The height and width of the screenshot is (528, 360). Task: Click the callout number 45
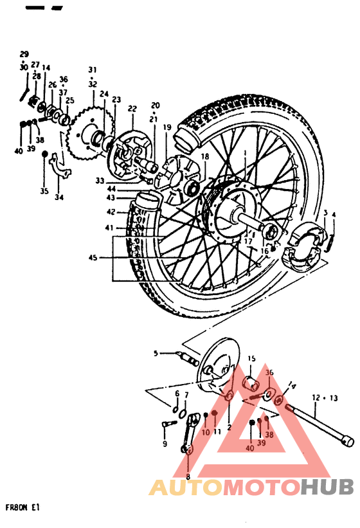(94, 258)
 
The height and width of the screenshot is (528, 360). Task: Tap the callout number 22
(132, 109)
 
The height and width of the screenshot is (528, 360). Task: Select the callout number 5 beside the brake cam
(155, 353)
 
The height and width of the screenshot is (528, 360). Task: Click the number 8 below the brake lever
(188, 477)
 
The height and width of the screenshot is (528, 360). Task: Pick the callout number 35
(44, 191)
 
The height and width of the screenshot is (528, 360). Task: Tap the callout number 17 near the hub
(247, 241)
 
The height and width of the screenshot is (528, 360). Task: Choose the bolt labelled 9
(168, 424)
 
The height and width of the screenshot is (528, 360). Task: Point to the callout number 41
(110, 228)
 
